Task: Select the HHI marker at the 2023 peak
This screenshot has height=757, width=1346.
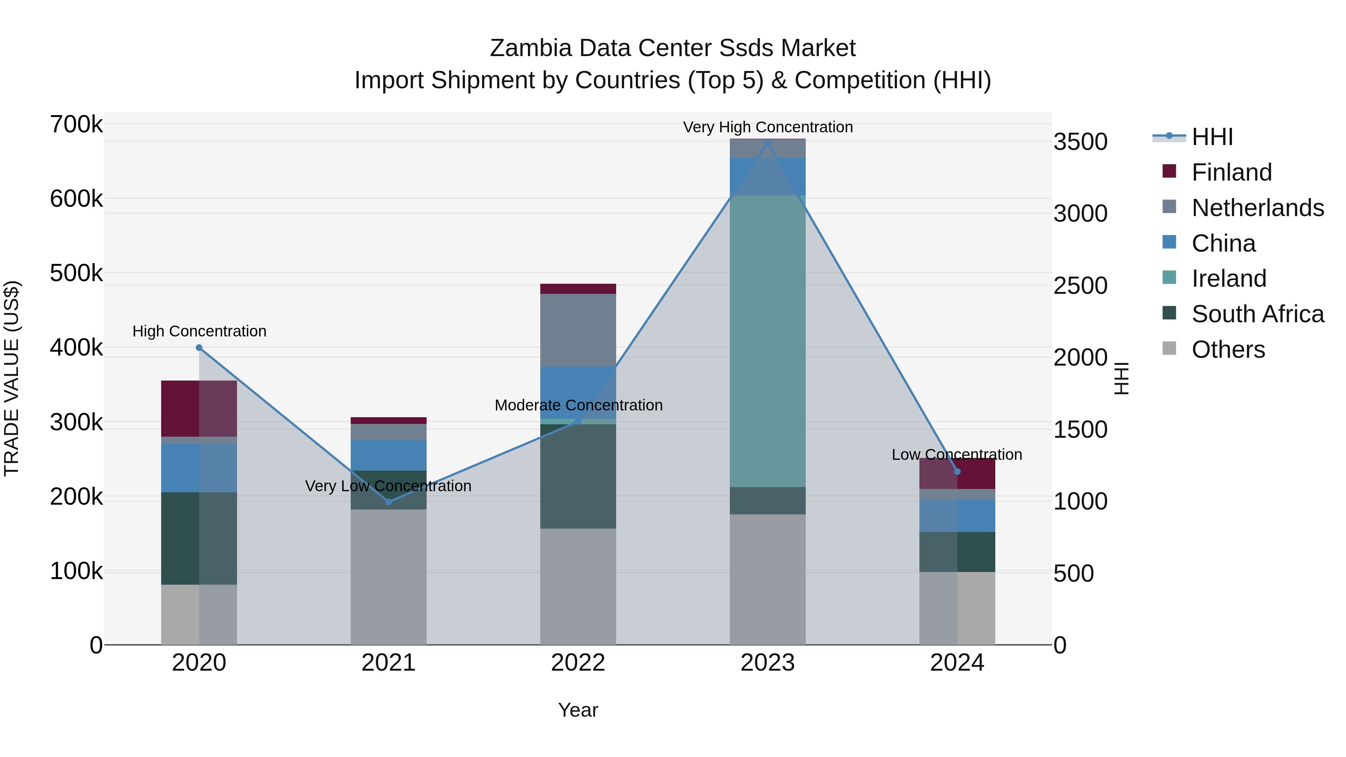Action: click(x=768, y=143)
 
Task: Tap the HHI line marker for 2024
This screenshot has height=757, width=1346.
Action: click(x=957, y=472)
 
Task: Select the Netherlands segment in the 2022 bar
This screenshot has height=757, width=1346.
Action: click(x=578, y=330)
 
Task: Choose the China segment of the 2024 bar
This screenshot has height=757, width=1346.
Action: click(x=957, y=516)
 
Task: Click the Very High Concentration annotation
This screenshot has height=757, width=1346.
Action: click(x=768, y=127)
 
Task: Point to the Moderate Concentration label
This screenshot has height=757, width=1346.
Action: click(x=578, y=405)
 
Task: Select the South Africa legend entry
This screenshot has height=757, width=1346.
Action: click(x=1257, y=314)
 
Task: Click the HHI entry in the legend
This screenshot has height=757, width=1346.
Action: click(x=1212, y=137)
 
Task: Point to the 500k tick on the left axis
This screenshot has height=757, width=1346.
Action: click(x=76, y=273)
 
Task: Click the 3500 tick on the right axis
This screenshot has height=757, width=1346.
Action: click(x=1080, y=142)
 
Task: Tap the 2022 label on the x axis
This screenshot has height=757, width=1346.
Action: click(x=578, y=663)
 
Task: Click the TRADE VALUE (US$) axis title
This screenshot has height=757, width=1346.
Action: click(x=12, y=378)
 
